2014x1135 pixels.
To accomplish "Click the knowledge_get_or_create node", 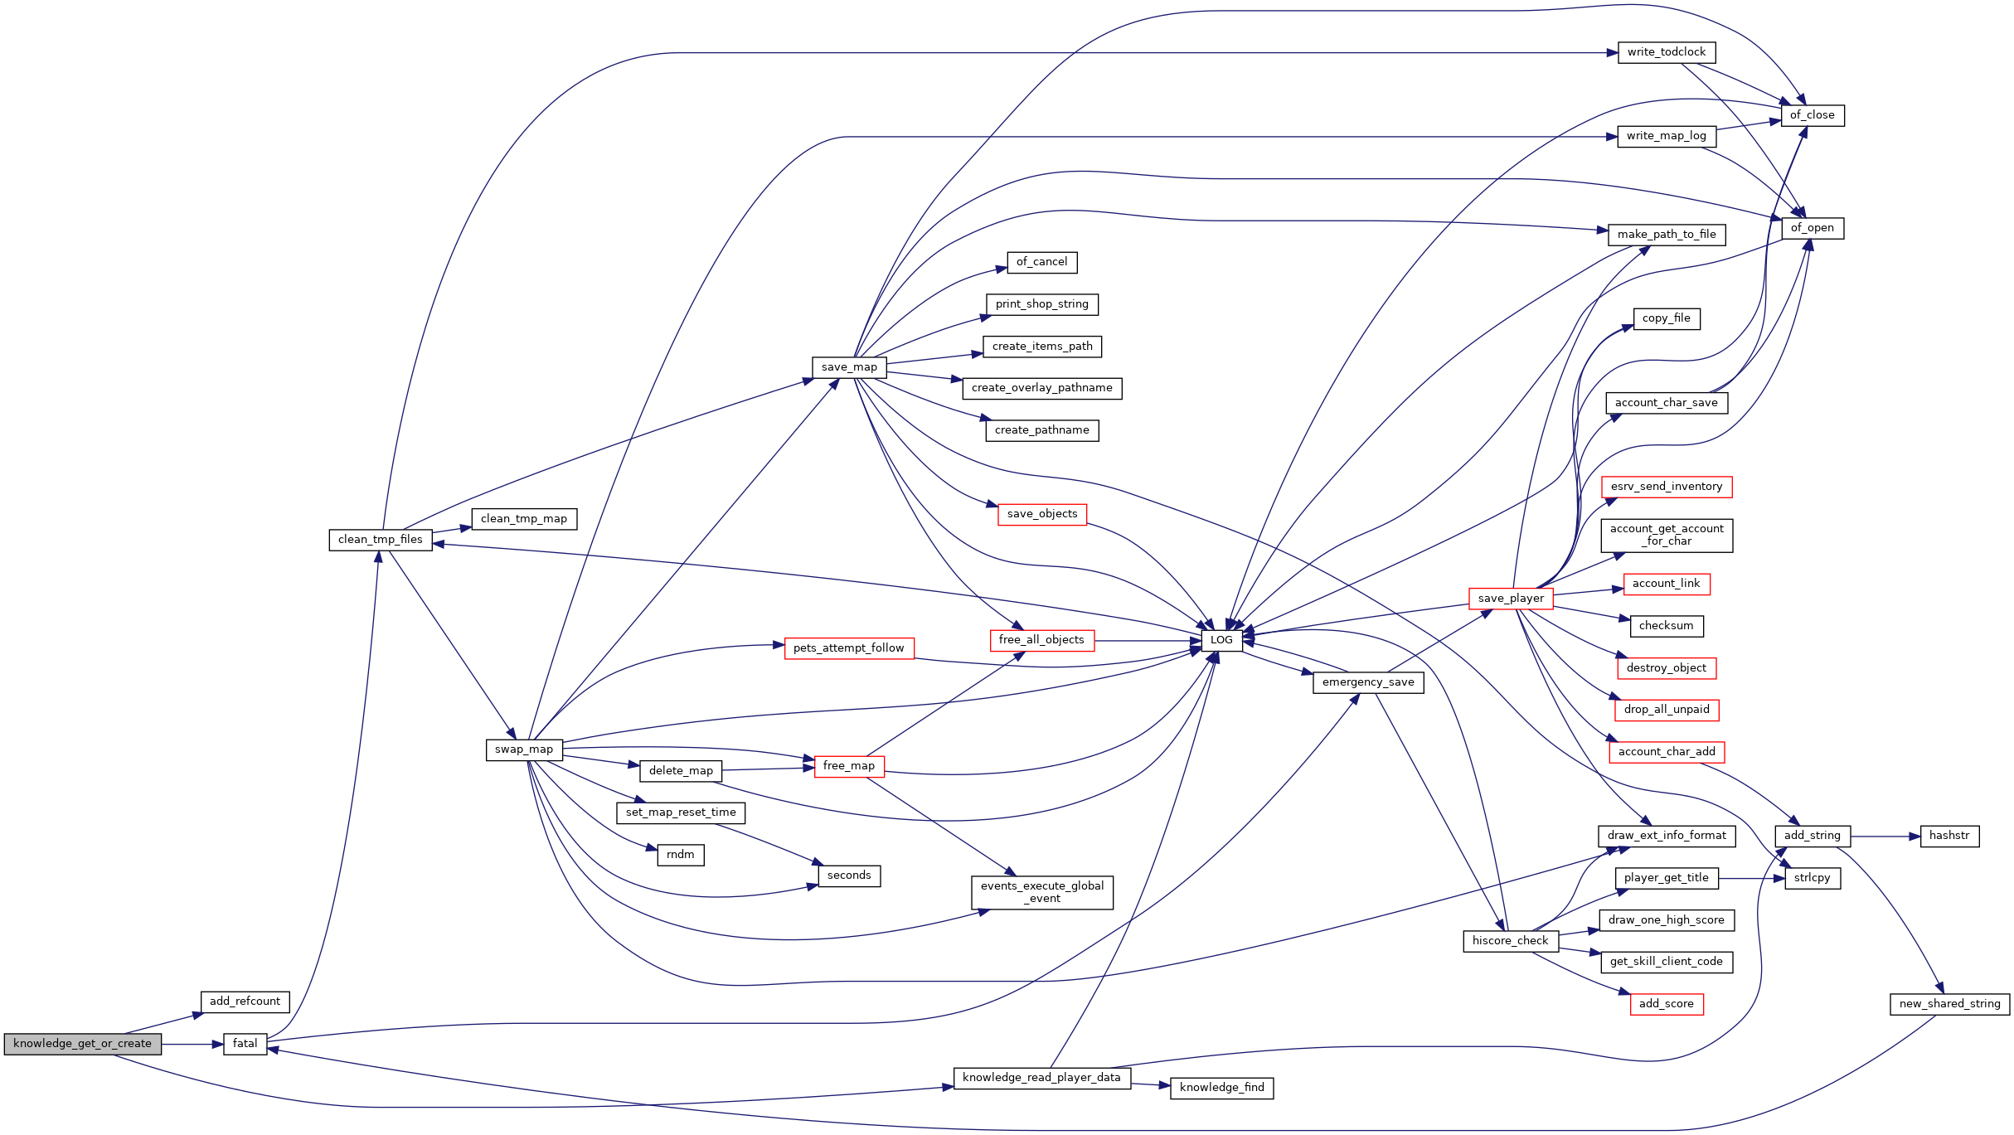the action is click(82, 1044).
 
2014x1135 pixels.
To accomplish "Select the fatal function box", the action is click(245, 1044).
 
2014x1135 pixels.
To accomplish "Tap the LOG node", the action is click(1221, 640).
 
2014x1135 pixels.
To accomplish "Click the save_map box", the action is click(849, 367).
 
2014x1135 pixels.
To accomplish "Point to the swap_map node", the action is click(524, 749).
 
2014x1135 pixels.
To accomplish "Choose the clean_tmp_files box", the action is click(381, 540).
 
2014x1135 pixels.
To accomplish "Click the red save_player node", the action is click(1511, 599).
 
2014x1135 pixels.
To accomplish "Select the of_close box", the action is click(1813, 115).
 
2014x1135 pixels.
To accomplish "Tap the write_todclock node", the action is click(1667, 52).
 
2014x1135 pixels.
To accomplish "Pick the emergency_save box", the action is click(1368, 682).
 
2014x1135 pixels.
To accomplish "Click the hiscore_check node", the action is click(1511, 941).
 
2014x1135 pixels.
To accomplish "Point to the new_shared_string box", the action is click(1949, 1004).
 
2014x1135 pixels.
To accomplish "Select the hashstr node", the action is click(1949, 836).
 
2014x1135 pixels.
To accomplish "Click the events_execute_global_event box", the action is click(1042, 892).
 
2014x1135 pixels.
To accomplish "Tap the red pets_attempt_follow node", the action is click(849, 648).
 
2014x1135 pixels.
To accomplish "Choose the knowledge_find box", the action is click(1221, 1088).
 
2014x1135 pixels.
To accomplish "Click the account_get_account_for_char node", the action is click(1667, 536).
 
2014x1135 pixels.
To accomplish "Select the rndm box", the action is click(681, 855).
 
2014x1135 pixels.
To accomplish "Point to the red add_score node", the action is click(1667, 1004).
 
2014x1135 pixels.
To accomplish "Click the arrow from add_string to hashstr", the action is click(1885, 837).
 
